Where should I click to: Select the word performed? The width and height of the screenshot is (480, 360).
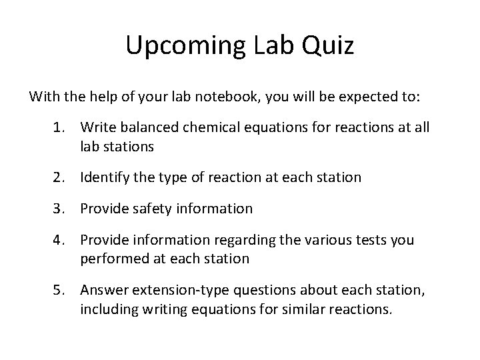tap(111, 257)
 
